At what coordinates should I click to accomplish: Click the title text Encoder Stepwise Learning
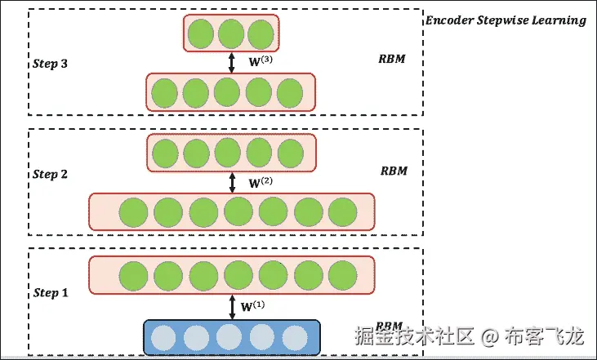click(x=506, y=20)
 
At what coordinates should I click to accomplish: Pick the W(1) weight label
click(x=253, y=306)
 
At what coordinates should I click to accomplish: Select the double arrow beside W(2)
click(x=232, y=181)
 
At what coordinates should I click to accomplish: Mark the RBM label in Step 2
click(x=394, y=171)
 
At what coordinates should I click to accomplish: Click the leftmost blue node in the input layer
click(x=162, y=338)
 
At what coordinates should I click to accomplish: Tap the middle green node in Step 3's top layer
click(x=230, y=34)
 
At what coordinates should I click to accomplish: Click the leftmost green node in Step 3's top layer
click(x=199, y=34)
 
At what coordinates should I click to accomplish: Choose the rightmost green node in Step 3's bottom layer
click(x=290, y=92)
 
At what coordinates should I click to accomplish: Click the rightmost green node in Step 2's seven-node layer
click(x=343, y=212)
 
